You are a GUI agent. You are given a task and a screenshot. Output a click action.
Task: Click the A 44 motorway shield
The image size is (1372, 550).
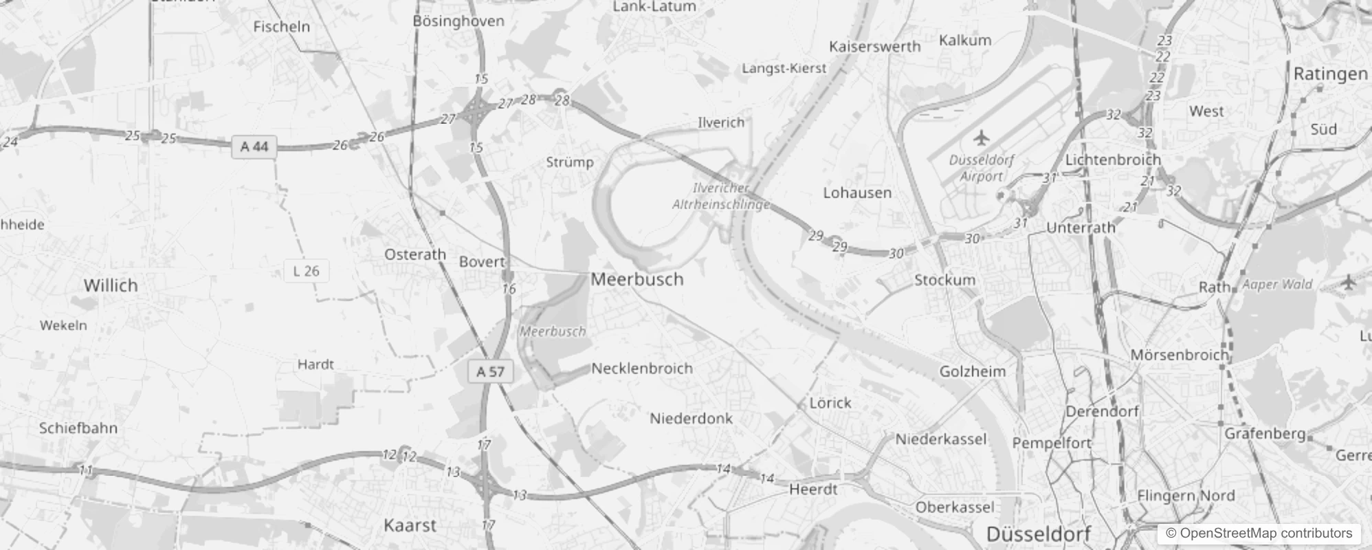coord(254,146)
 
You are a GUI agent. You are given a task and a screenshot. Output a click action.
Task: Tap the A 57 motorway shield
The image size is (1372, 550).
coord(491,372)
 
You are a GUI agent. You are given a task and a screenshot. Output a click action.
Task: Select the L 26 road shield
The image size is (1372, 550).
coord(306,271)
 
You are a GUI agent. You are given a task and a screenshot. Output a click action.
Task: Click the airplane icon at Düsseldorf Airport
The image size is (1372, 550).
coord(982,137)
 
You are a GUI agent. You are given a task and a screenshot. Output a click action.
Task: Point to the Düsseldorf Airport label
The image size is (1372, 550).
coord(981,168)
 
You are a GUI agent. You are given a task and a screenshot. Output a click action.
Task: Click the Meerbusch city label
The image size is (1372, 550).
coord(637,279)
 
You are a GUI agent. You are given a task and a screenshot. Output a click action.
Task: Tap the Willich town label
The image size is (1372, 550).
coord(111,285)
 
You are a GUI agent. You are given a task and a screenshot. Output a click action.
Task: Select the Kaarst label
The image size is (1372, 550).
coord(410,526)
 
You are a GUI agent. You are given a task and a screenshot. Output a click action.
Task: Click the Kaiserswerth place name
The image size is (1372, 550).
coord(874,47)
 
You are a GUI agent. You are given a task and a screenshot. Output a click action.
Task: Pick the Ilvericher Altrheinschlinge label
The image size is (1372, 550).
coord(720,196)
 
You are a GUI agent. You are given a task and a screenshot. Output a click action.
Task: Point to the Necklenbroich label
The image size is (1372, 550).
coord(642,368)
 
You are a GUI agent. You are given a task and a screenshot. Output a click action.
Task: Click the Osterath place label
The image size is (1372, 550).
coord(415,254)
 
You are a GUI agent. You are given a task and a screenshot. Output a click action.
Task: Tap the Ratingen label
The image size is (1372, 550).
coord(1330,74)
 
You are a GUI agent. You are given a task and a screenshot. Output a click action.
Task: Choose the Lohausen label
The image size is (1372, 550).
coord(857,193)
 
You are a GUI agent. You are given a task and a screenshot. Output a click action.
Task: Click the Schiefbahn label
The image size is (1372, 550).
coord(78,428)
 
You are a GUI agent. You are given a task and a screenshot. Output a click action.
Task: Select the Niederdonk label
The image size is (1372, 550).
coord(691,419)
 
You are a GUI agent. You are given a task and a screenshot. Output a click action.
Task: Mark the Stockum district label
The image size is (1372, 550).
coord(944,280)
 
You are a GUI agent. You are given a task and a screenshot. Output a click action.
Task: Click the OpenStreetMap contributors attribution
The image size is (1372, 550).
coord(1259,533)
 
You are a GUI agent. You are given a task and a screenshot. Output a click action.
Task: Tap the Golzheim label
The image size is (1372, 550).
coord(972,372)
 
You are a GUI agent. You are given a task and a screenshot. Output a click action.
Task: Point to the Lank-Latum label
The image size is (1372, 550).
coord(654,7)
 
